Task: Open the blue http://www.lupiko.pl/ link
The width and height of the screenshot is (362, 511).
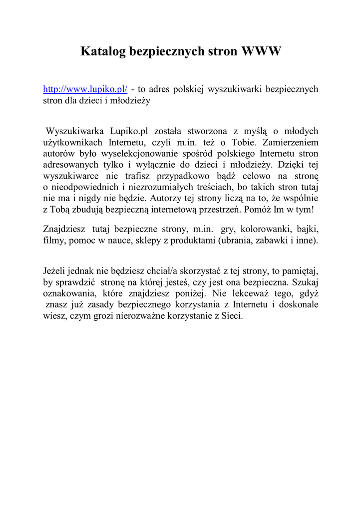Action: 85,89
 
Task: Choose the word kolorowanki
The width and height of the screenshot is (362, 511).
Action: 266,230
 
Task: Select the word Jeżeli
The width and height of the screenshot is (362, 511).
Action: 55,271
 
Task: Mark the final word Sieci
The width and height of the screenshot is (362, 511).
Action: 231,315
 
